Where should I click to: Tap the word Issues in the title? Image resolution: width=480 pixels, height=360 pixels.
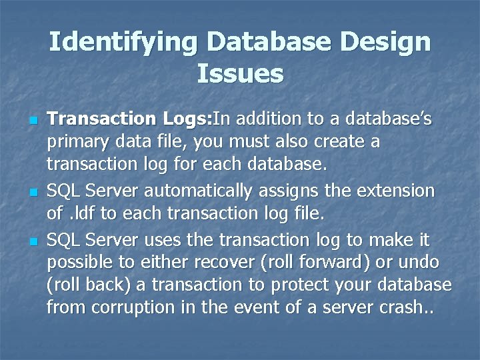(240, 73)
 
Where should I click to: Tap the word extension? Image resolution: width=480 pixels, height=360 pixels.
(397, 191)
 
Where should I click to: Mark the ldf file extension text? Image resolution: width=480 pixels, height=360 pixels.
(82, 215)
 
